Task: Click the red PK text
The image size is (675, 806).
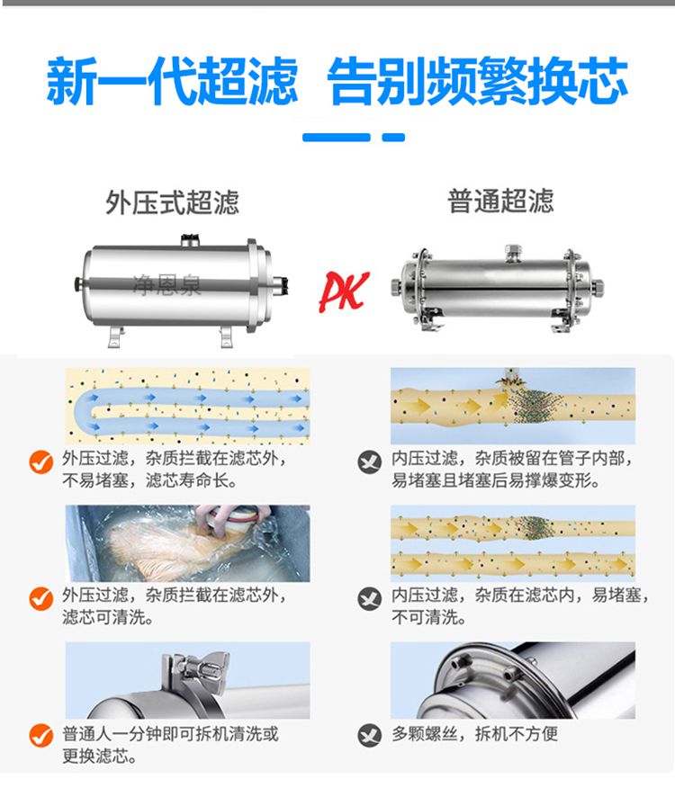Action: [344, 291]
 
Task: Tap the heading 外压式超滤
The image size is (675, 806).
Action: [173, 201]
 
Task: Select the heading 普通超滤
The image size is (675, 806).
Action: [500, 201]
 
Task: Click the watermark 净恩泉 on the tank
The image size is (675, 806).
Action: [166, 285]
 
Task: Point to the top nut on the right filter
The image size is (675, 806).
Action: [513, 252]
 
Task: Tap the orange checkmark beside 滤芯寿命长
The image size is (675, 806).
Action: [41, 461]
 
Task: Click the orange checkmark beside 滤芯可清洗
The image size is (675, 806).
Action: [41, 598]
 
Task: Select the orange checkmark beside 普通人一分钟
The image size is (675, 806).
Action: [41, 735]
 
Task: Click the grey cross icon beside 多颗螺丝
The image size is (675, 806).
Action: [369, 735]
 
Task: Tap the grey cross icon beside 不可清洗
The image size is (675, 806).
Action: [369, 599]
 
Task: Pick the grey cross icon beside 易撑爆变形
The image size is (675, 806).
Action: [369, 461]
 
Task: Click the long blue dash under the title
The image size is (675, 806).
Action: [337, 138]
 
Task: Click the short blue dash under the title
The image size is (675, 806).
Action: [393, 138]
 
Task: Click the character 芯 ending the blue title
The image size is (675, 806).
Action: [602, 81]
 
